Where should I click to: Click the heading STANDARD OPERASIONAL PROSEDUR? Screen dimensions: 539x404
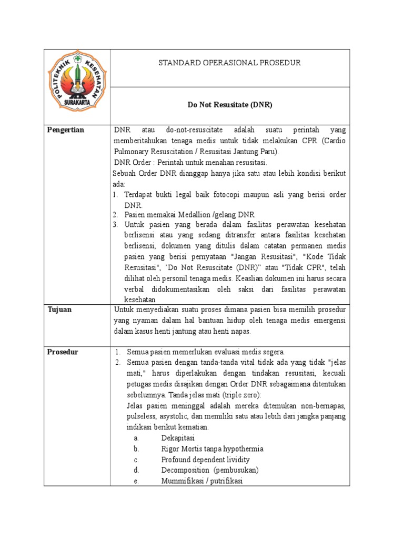point(229,63)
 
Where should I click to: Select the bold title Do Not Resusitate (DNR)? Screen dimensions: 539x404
point(230,105)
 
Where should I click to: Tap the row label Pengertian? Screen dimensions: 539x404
point(66,130)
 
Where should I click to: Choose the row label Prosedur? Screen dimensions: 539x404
point(62,352)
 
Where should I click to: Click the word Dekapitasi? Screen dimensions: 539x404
point(178,438)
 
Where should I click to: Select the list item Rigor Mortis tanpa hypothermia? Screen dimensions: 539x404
point(212,449)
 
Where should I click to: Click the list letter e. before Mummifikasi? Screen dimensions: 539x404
point(136,481)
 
